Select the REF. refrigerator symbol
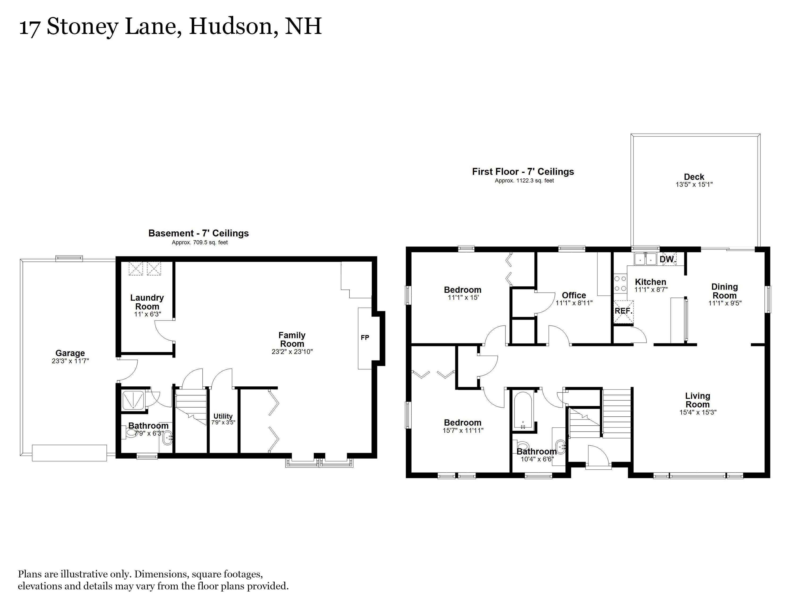click(624, 311)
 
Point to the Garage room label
click(70, 353)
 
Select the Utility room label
click(223, 416)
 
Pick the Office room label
click(574, 295)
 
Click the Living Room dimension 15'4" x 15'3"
click(698, 412)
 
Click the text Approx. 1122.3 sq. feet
click(524, 181)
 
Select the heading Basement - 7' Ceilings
click(198, 234)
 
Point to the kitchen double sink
click(645, 259)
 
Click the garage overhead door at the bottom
click(69, 453)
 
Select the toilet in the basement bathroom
click(131, 433)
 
